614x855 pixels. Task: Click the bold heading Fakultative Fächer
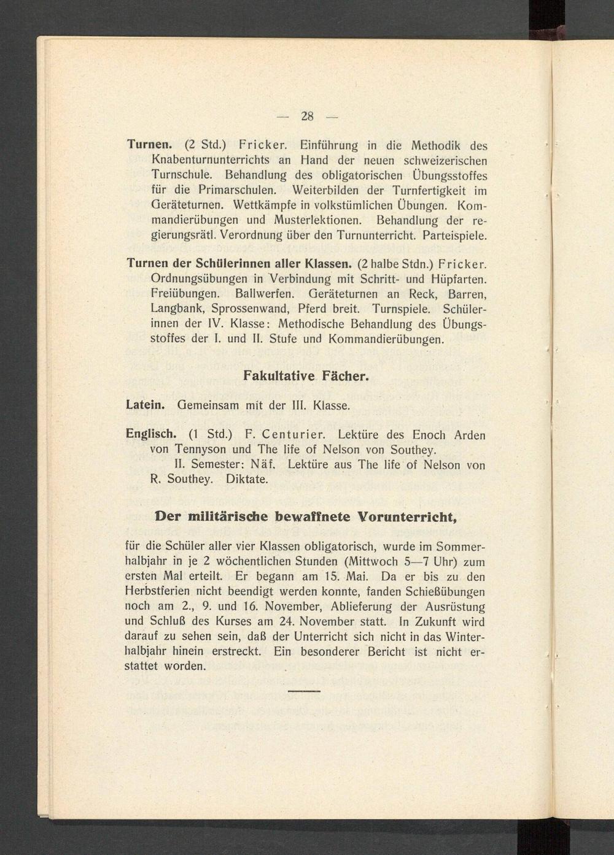pyautogui.click(x=306, y=375)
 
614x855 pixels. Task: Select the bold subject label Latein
pyautogui.click(x=145, y=405)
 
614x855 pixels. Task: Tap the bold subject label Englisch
pyautogui.click(x=150, y=435)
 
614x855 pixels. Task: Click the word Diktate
pyautogui.click(x=247, y=480)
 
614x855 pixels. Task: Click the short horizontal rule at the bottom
pyautogui.click(x=305, y=691)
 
